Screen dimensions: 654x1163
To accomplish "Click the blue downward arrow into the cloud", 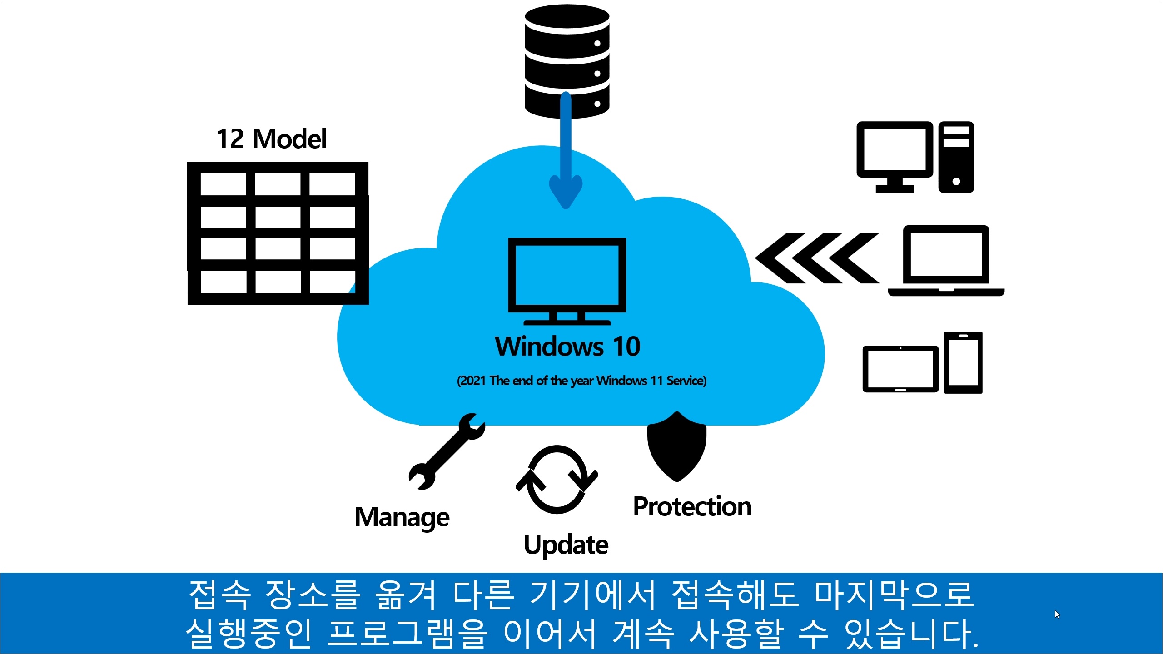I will [x=566, y=154].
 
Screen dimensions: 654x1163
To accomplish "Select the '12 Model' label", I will [x=271, y=139].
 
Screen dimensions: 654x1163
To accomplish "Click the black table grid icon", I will [x=278, y=233].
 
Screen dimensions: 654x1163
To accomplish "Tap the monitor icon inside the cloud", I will [x=567, y=279].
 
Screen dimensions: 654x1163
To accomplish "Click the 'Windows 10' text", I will [x=567, y=347].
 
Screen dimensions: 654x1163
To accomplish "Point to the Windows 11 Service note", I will [x=581, y=381].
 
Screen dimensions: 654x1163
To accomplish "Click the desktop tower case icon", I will [x=956, y=157].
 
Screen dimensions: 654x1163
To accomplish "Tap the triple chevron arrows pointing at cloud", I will [x=817, y=258].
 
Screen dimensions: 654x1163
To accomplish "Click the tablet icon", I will [x=900, y=369].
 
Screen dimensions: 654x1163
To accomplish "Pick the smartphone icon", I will [x=963, y=362].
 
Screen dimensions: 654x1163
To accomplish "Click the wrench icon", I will [x=447, y=451].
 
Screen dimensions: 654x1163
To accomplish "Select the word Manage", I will [x=402, y=517].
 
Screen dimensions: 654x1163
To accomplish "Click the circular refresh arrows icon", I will [x=557, y=480].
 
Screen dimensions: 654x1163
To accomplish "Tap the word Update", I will [x=566, y=545].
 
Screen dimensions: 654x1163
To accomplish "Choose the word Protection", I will [x=692, y=506].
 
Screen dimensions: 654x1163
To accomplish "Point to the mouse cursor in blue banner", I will [x=1057, y=614].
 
